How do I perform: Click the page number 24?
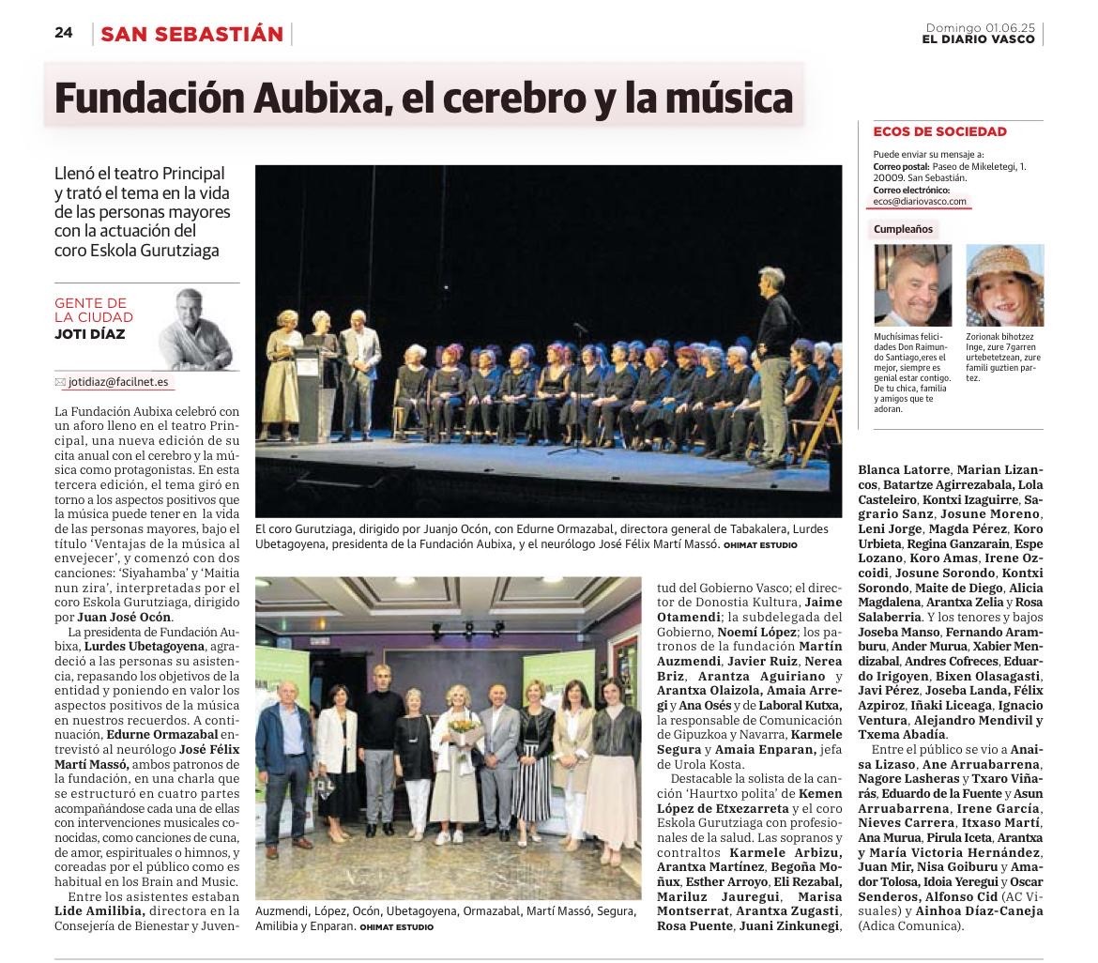coord(63,33)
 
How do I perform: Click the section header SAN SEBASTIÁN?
coord(191,34)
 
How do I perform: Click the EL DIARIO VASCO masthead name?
coord(978,39)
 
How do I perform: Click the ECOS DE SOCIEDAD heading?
coord(939,131)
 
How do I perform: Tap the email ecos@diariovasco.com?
coord(920,201)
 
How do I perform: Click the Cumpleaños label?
coord(903,229)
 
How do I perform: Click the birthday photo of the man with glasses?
coord(912,285)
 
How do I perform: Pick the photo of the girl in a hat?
coord(1004,285)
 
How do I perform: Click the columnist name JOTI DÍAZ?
coord(89,334)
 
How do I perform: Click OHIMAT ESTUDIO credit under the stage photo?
coord(759,544)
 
